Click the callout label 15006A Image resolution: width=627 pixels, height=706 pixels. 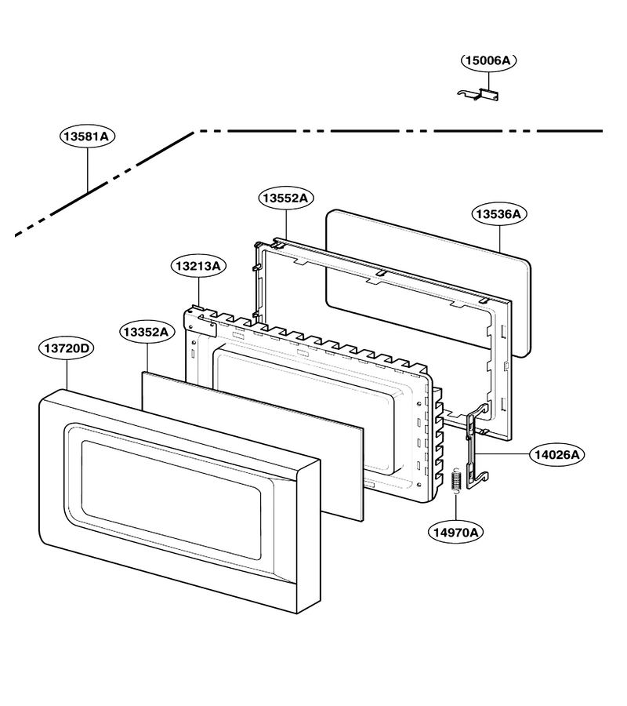click(488, 60)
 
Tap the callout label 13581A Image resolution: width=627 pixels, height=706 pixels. click(87, 136)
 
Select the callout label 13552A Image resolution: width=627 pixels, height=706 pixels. click(286, 198)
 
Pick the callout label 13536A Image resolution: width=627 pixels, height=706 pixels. click(499, 214)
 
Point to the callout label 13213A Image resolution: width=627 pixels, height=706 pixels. click(198, 266)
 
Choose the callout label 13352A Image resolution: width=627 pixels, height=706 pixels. click(147, 332)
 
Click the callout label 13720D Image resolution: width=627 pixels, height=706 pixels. click(67, 348)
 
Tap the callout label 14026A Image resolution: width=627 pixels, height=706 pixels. click(556, 455)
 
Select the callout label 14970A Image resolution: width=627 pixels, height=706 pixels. click(455, 532)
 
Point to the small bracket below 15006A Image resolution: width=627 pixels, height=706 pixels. click(479, 94)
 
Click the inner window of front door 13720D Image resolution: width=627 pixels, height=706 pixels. click(171, 500)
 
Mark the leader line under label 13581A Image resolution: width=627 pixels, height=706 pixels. click(88, 168)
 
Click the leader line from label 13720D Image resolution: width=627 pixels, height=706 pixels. click(67, 373)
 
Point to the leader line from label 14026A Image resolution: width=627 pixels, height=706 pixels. click(502, 454)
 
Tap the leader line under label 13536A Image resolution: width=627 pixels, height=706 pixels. click(500, 237)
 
